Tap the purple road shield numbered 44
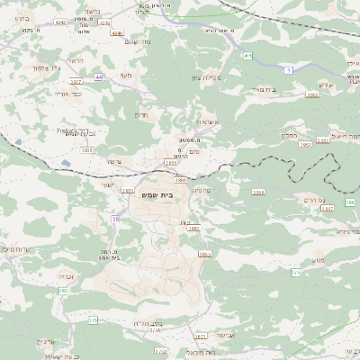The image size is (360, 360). tap(98, 77)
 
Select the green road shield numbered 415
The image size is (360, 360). tap(247, 56)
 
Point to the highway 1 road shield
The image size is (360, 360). tap(287, 69)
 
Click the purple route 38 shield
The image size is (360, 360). tap(115, 219)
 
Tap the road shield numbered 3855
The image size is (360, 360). tap(192, 229)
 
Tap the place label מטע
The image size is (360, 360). tap(317, 261)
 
